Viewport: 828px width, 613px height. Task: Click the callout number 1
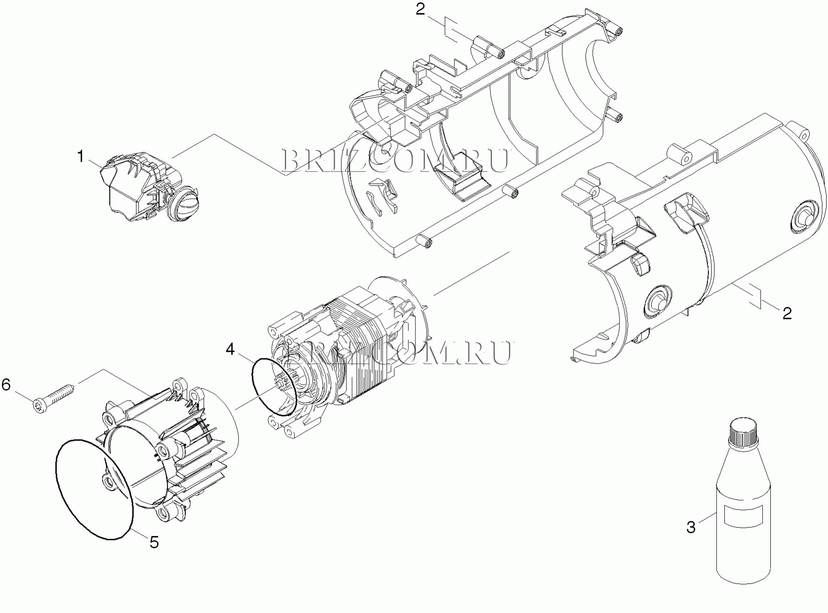click(81, 156)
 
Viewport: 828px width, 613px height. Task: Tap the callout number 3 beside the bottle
click(691, 527)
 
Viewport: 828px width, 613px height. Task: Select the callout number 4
click(230, 349)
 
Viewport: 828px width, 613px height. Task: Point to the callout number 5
click(154, 542)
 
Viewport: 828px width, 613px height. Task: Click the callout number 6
click(6, 385)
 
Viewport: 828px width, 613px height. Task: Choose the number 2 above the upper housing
click(420, 9)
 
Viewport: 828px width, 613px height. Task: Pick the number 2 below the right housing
click(787, 313)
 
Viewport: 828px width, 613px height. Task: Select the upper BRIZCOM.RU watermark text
click(395, 161)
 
